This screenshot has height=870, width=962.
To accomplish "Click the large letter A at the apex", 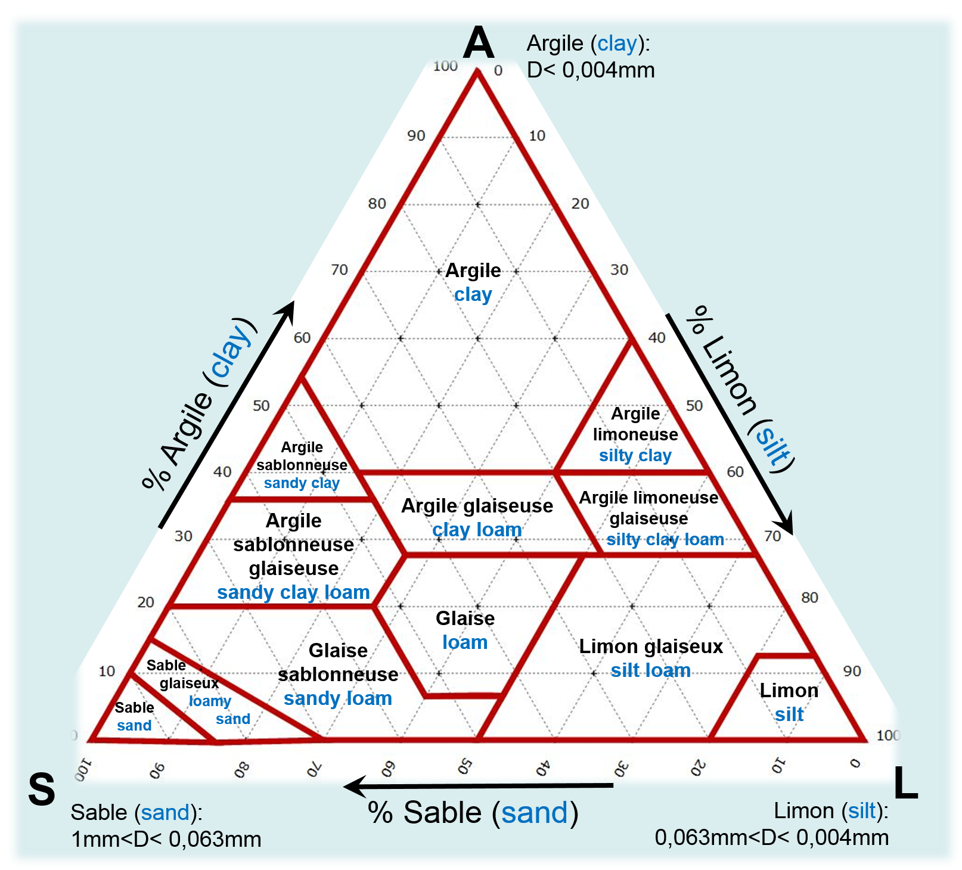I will tap(479, 43).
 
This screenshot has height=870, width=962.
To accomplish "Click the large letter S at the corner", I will tap(42, 790).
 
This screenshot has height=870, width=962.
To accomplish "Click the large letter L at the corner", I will tap(905, 783).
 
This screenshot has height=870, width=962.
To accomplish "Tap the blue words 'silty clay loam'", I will tap(665, 540).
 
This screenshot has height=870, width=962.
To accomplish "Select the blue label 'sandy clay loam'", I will tap(293, 592).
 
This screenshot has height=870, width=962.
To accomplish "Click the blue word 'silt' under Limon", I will tap(789, 714).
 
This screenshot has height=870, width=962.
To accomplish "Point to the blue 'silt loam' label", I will tap(650, 670).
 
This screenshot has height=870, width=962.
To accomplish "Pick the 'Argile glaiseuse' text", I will tap(477, 506).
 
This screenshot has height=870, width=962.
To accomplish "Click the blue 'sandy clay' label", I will tap(302, 483).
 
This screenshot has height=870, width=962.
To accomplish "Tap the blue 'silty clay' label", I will tap(635, 456).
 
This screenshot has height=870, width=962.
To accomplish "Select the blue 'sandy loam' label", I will tap(338, 698).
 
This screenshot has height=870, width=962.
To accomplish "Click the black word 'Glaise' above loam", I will tap(465, 619).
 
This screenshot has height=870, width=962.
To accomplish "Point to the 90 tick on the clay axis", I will tap(416, 136).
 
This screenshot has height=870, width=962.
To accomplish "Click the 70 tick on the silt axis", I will tap(772, 536).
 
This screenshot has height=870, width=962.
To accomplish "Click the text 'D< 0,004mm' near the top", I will tap(591, 70).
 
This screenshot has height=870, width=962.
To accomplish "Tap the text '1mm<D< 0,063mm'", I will tap(166, 840).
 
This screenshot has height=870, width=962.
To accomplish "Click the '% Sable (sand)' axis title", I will tap(473, 813).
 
